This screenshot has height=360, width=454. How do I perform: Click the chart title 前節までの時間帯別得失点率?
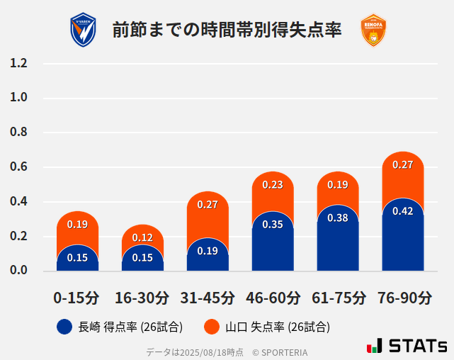point(227,30)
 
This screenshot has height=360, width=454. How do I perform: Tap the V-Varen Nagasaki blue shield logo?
point(83,30)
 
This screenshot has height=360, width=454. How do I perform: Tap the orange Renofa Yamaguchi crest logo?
point(373,30)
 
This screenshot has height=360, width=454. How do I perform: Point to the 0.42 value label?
point(403,211)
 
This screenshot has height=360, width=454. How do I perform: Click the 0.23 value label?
point(273,185)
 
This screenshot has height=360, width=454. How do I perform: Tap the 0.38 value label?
point(338,218)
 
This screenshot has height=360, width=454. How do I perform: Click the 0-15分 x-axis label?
point(76,298)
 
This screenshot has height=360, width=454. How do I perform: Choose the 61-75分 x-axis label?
point(339,298)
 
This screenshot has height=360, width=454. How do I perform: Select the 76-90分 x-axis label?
point(404,298)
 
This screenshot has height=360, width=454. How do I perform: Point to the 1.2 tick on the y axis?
point(18,64)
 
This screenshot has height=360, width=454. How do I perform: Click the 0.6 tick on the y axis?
point(18,167)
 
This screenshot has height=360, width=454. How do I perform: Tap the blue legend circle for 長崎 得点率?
point(64,327)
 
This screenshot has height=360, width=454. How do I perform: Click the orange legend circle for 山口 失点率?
point(212,327)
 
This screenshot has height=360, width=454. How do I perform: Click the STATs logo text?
point(417,346)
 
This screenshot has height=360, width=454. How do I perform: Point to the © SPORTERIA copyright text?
point(280,351)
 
